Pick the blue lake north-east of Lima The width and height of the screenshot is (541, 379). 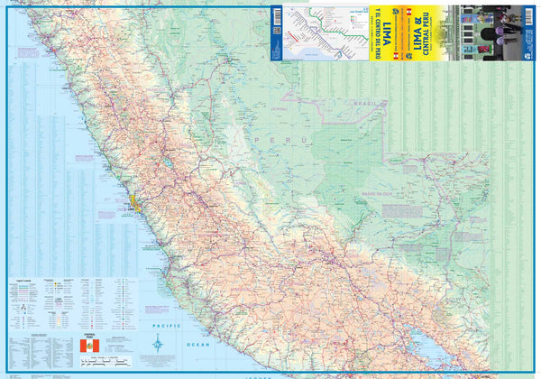(169, 164)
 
